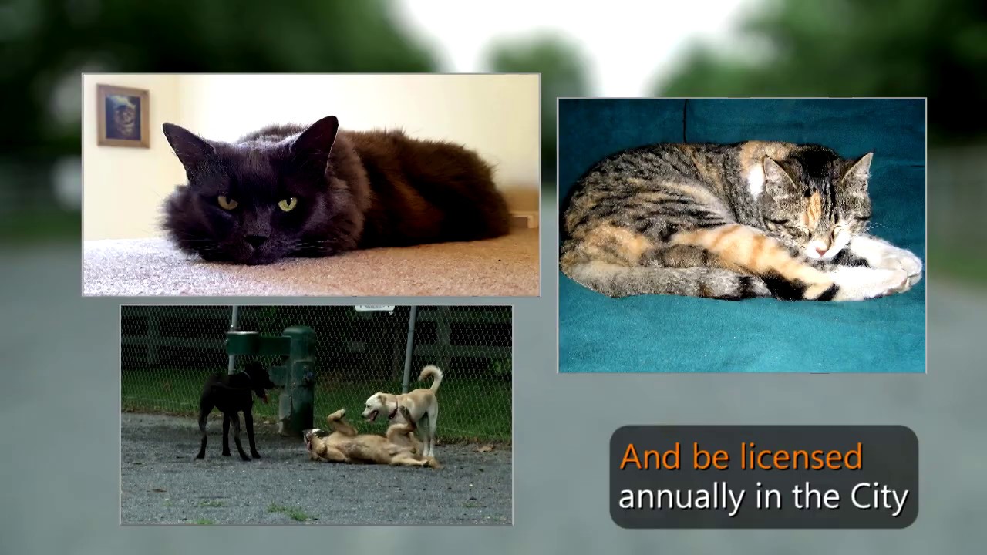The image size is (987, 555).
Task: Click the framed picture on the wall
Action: (x=123, y=116)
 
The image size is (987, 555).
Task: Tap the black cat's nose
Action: (x=256, y=240)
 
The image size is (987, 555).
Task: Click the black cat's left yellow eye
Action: (x=227, y=202)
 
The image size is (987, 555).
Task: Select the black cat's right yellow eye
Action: (x=287, y=203)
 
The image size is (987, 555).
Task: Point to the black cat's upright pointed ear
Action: (x=318, y=139)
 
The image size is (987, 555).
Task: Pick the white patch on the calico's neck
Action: (x=756, y=180)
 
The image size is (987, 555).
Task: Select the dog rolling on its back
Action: (x=362, y=446)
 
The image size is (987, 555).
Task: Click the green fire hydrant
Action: (x=298, y=378)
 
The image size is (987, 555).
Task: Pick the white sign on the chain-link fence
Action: (x=375, y=309)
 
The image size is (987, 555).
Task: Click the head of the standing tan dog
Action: (x=378, y=405)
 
